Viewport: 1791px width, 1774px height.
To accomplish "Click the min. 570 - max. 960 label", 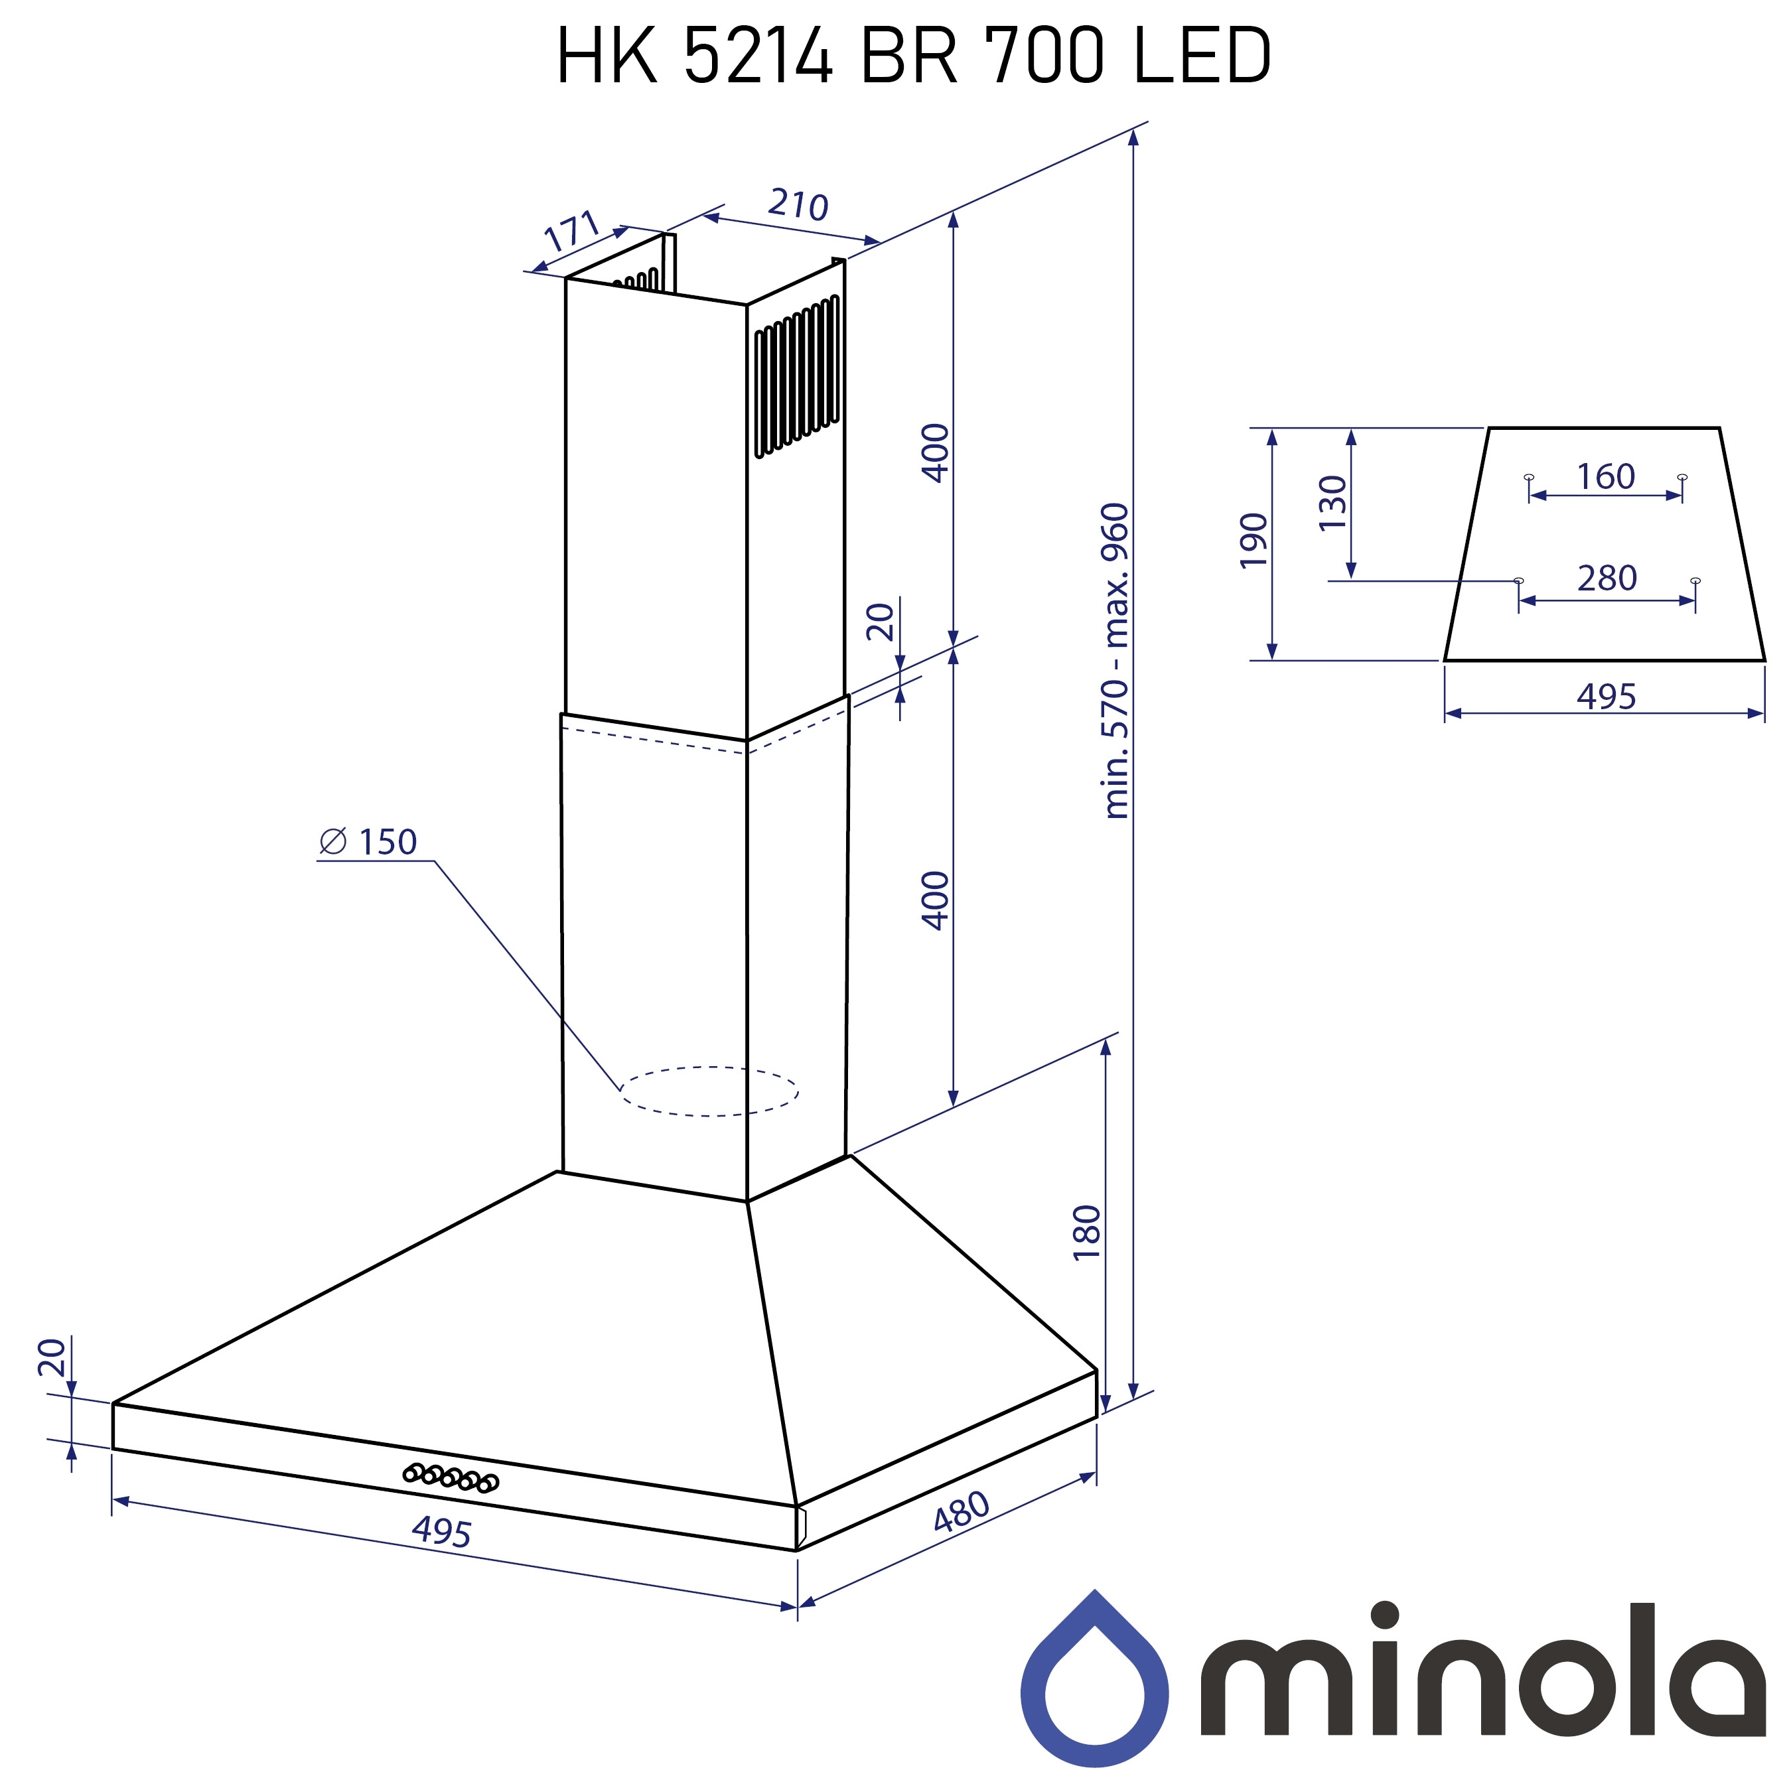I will pyautogui.click(x=1116, y=661).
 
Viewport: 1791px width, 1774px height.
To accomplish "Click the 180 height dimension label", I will pyautogui.click(x=1086, y=1233).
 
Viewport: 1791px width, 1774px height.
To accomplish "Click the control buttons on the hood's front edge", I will pyautogui.click(x=451, y=1477).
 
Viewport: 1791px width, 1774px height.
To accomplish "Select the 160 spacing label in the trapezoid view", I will pyautogui.click(x=1606, y=476).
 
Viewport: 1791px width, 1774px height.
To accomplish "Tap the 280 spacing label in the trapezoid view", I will pyautogui.click(x=1607, y=579).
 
